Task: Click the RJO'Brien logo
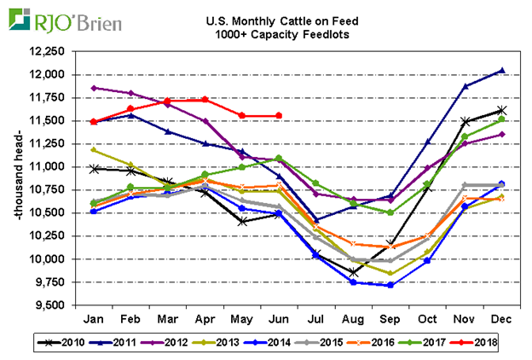click(x=65, y=20)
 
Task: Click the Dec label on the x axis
click(x=500, y=318)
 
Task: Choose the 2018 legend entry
click(x=477, y=343)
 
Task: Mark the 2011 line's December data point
click(x=501, y=70)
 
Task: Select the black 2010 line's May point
click(x=244, y=221)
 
